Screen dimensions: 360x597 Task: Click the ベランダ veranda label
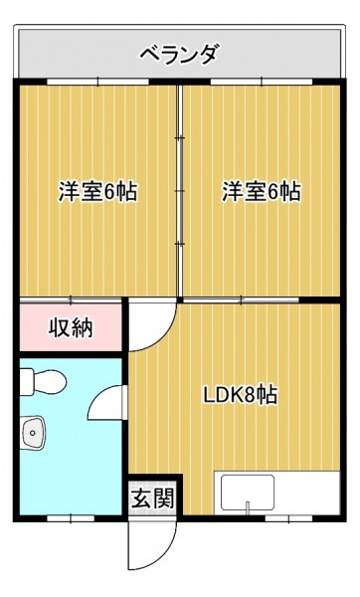(180, 54)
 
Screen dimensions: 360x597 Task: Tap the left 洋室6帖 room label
(97, 191)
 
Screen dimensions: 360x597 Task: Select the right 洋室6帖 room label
(262, 191)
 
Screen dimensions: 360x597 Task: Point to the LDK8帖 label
(240, 395)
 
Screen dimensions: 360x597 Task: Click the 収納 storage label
(71, 327)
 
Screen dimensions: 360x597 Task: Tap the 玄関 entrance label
(152, 498)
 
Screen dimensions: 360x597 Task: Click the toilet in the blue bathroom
(43, 382)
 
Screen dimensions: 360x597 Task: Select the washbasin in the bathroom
(33, 433)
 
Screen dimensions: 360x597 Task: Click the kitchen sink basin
(249, 493)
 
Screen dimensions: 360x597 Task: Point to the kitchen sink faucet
(248, 507)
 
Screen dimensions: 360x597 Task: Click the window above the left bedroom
(97, 82)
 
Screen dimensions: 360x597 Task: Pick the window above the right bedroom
(262, 82)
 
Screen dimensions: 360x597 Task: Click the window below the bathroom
(71, 518)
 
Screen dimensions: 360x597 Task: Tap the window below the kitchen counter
(288, 518)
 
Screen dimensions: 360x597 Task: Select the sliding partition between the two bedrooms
(180, 190)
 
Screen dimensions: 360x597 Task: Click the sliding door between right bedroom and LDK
(242, 300)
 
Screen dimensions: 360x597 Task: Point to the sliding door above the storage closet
(71, 300)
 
